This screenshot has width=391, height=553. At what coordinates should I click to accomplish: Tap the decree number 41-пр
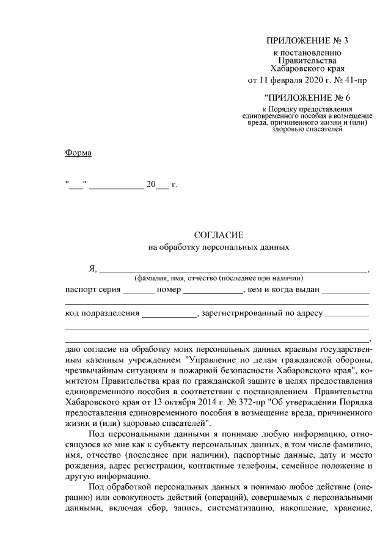(x=354, y=80)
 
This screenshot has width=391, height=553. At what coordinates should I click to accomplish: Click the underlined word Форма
(x=78, y=152)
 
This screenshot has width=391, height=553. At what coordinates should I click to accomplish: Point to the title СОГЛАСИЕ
(x=218, y=235)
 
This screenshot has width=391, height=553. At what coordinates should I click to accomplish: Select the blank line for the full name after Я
(x=233, y=269)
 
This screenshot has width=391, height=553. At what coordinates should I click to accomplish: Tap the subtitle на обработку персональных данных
(x=218, y=247)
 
